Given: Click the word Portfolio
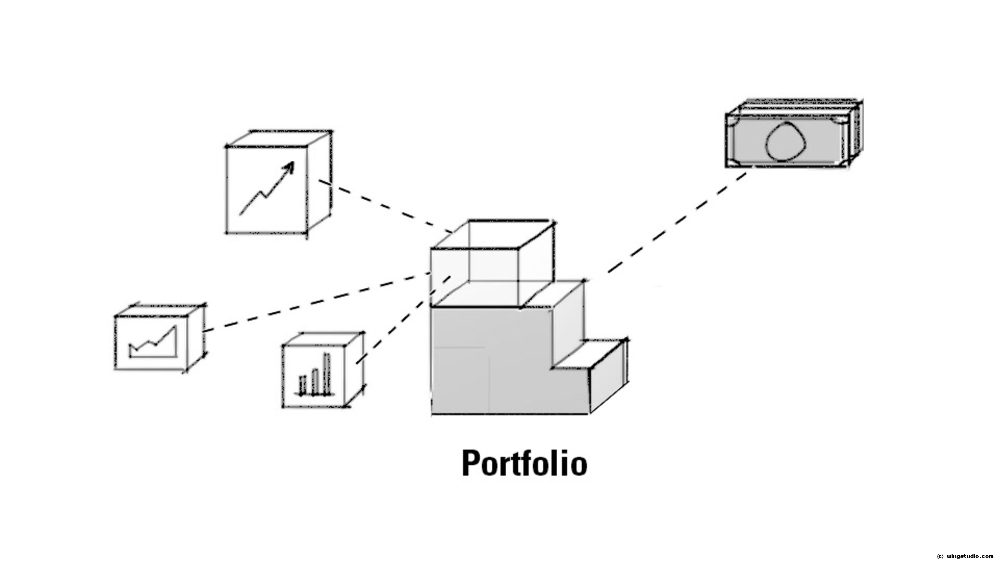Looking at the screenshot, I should pyautogui.click(x=524, y=463).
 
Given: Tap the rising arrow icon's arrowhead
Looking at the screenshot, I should pyautogui.click(x=288, y=167).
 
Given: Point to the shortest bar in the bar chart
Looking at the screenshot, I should pyautogui.click(x=302, y=385).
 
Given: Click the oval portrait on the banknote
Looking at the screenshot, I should pyautogui.click(x=786, y=142).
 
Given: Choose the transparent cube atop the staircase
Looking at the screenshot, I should pyautogui.click(x=489, y=265).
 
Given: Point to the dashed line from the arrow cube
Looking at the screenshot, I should pyautogui.click(x=385, y=206).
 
